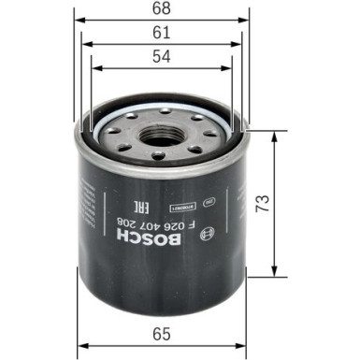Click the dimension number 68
[x=163, y=10]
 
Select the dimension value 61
[x=163, y=33]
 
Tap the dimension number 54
[x=163, y=57]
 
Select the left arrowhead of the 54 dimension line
[x=94, y=67]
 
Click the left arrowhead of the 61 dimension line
[x=85, y=44]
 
